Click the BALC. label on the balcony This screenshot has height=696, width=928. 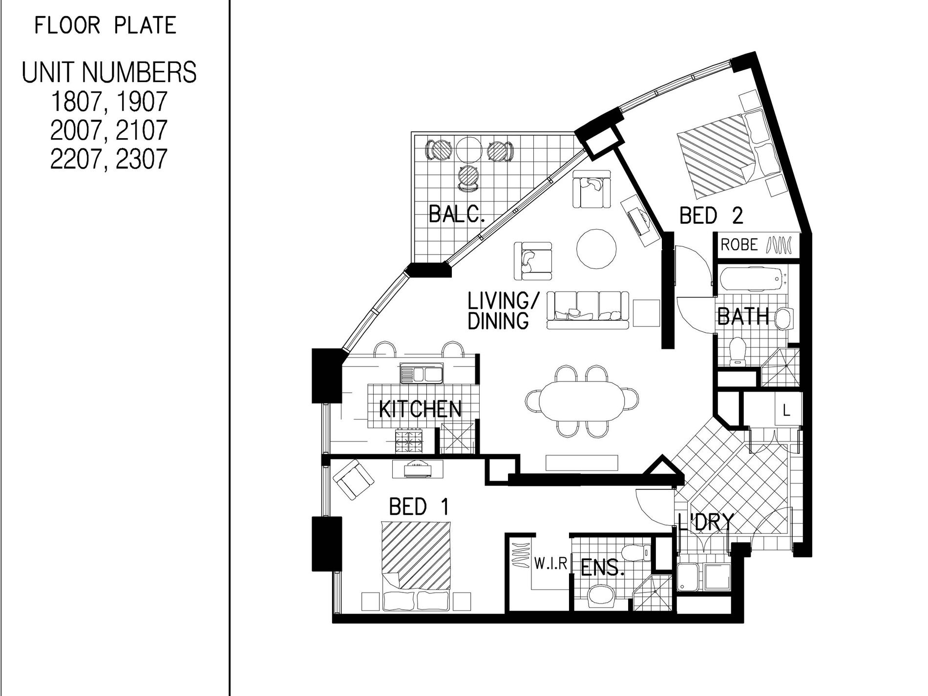457,214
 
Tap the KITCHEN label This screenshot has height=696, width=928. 421,409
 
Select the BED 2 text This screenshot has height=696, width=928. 711,215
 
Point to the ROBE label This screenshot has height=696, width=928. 739,245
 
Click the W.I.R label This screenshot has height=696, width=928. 550,565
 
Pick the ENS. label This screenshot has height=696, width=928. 602,568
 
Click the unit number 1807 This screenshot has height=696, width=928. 75,102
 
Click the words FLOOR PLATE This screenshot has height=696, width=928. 105,25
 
